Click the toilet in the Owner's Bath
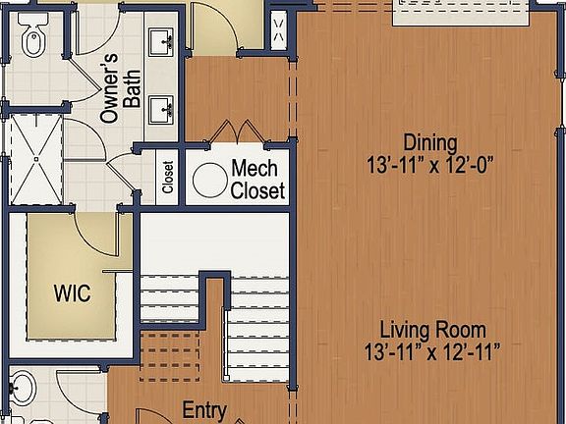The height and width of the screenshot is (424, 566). [x=31, y=42]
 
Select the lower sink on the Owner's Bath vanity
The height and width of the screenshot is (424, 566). [x=162, y=108]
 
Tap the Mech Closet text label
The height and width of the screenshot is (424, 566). [x=258, y=179]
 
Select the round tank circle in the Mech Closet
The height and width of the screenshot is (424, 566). [x=207, y=181]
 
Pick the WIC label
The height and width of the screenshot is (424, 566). [x=73, y=292]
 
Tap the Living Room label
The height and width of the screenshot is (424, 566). [x=433, y=330]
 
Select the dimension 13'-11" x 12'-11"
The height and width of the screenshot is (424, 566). [x=433, y=350]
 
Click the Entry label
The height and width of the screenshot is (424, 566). [x=204, y=410]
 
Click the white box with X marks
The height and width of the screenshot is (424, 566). [x=277, y=29]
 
